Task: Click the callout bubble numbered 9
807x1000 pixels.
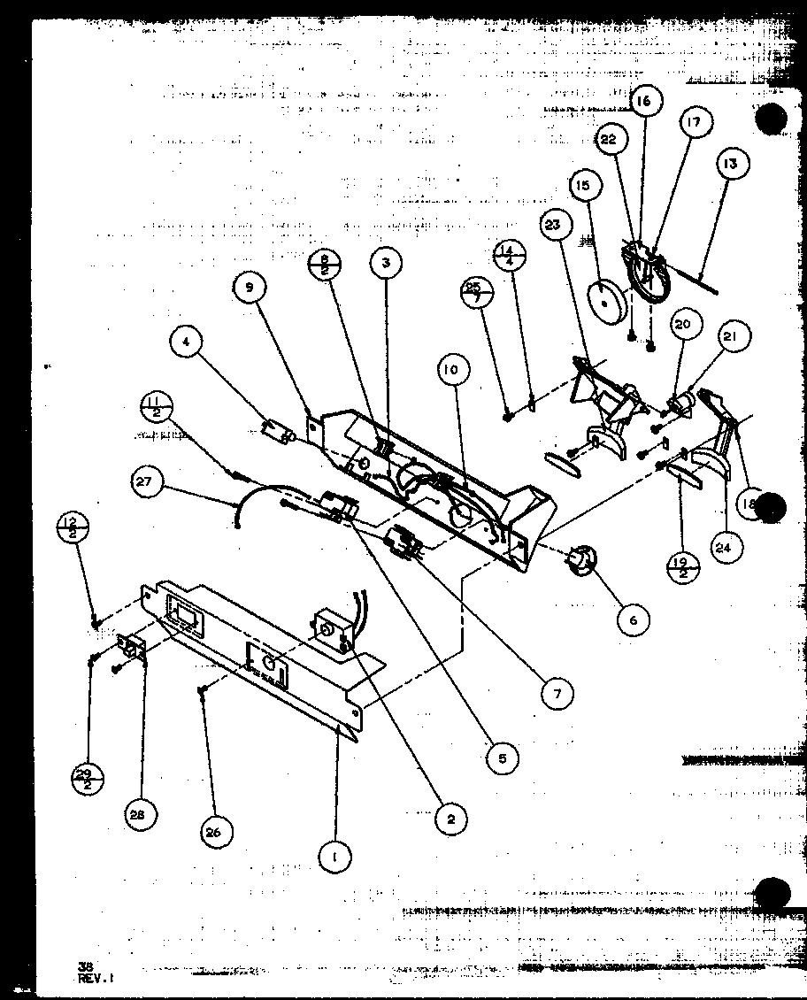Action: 250,288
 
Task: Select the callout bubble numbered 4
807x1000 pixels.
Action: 190,343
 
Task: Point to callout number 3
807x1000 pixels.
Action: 386,263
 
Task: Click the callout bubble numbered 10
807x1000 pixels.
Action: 451,371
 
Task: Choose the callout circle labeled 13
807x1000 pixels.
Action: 732,164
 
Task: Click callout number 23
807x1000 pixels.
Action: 553,226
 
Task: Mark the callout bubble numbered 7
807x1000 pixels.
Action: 557,694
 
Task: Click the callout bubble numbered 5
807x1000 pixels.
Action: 502,758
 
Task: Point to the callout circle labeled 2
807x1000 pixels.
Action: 450,820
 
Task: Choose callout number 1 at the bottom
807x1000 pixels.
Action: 335,856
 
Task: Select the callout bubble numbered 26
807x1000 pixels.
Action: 218,832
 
